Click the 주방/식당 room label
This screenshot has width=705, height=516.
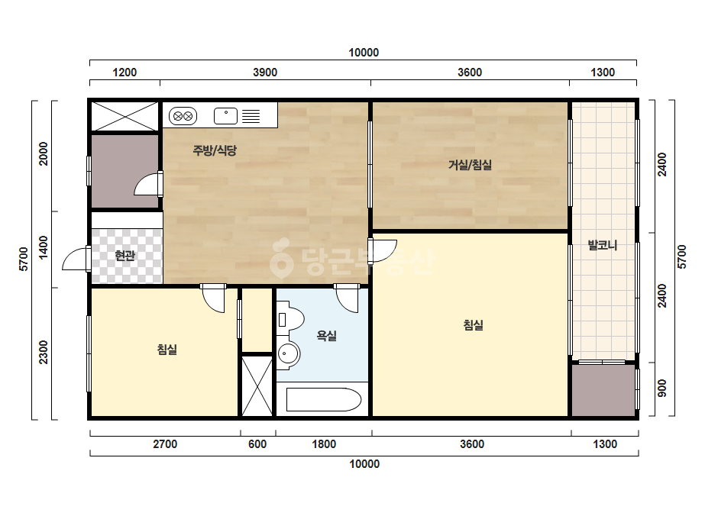point(215,150)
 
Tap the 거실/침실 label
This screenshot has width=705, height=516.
point(470,165)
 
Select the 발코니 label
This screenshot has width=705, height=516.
point(603,246)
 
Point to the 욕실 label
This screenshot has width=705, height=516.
point(326,335)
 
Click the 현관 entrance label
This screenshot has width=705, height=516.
point(125,256)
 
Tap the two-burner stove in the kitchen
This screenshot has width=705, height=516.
point(183,116)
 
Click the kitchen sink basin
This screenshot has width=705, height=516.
point(226,116)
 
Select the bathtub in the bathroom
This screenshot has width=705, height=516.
point(324,399)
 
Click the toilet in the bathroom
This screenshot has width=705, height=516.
point(290,320)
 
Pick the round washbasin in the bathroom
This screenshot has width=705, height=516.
point(287,353)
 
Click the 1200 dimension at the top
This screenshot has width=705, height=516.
point(125,73)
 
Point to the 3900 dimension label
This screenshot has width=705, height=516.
point(265,73)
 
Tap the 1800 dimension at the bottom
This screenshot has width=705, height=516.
point(324,444)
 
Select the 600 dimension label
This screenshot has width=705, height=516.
point(257,444)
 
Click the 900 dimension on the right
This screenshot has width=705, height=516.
point(661,389)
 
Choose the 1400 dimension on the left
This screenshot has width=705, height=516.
point(44,247)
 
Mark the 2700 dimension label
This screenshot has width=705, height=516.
point(165,444)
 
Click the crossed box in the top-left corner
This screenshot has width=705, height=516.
point(125,117)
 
